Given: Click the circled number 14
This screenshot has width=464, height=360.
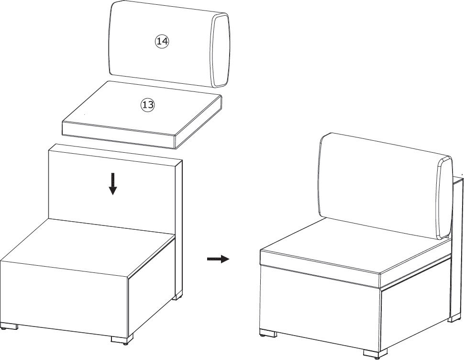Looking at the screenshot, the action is coord(162,41).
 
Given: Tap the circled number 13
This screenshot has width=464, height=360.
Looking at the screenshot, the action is coord(148,104).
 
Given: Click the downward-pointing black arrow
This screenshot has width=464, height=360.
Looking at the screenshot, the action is coord(112,184).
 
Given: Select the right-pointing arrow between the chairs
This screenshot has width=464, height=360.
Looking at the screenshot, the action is coord(218,259).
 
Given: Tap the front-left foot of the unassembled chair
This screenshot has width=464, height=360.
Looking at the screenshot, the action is coord(9,326).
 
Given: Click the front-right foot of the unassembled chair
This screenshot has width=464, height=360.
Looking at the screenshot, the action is coord(122,340).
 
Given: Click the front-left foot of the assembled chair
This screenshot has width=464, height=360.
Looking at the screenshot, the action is coord(268,334).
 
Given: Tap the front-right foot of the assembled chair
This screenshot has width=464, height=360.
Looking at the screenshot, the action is coord(375,353).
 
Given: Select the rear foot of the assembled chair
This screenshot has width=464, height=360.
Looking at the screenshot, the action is coord(454,318).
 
